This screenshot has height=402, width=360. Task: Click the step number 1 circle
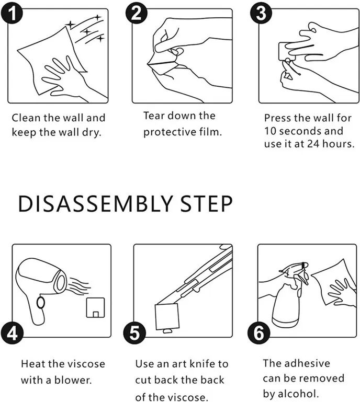pyautogui.click(x=12, y=14)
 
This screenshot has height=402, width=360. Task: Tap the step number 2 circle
pyautogui.click(x=136, y=14)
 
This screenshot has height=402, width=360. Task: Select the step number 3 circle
pyautogui.click(x=261, y=14)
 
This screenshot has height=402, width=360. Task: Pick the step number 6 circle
pyautogui.click(x=258, y=333)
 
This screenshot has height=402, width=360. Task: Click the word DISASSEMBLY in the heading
pyautogui.click(x=95, y=204)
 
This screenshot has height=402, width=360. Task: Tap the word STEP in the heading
pyautogui.click(x=206, y=204)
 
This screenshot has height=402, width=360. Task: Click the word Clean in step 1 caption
pyautogui.click(x=26, y=118)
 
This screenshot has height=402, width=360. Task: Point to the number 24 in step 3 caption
pyautogui.click(x=313, y=144)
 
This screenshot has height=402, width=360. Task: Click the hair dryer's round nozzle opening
pyautogui.click(x=61, y=282)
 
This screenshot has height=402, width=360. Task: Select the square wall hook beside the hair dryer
pyautogui.click(x=95, y=307)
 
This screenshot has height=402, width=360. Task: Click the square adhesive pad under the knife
pyautogui.click(x=167, y=317)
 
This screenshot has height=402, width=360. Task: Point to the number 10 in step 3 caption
pyautogui.click(x=270, y=131)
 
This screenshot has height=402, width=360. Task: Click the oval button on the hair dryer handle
pyautogui.click(x=40, y=303)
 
